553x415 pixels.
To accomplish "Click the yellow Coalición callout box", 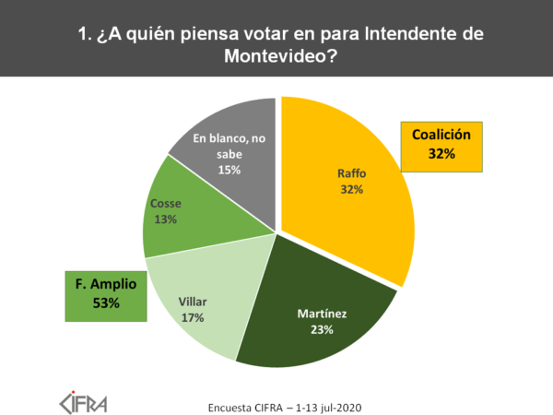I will pyautogui.click(x=441, y=146).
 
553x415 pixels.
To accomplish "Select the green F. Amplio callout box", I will pyautogui.click(x=106, y=295).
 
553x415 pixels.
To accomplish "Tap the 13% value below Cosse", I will pyautogui.click(x=165, y=219).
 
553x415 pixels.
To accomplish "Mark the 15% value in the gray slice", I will pyautogui.click(x=229, y=169).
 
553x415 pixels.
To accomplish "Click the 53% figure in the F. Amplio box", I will pyautogui.click(x=106, y=303).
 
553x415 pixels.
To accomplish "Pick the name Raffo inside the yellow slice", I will pyautogui.click(x=351, y=172).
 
